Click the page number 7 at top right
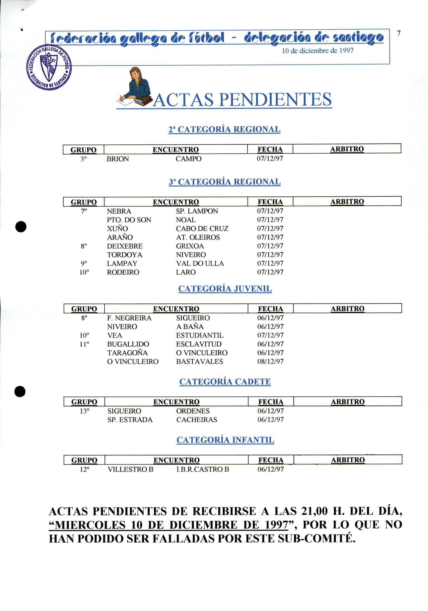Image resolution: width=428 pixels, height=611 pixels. pyautogui.click(x=399, y=34)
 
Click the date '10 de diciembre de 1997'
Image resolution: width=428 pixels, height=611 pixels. pyautogui.click(x=318, y=50)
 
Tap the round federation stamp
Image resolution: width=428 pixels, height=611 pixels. pyautogui.click(x=49, y=67)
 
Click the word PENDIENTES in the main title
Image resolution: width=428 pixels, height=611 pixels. pyautogui.click(x=276, y=99)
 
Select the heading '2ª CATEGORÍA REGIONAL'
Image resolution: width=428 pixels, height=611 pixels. pyautogui.click(x=224, y=129)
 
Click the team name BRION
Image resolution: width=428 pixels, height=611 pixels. pyautogui.click(x=118, y=159)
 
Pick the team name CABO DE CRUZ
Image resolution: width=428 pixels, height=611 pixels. pyautogui.click(x=202, y=228)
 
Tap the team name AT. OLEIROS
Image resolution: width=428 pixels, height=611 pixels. pyautogui.click(x=198, y=237)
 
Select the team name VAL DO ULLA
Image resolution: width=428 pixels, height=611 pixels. pyautogui.click(x=200, y=263)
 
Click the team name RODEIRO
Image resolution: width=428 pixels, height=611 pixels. pyautogui.click(x=123, y=272)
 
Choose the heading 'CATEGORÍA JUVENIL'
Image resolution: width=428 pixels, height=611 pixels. pyautogui.click(x=225, y=289)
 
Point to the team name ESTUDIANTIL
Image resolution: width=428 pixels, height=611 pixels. pyautogui.click(x=200, y=335)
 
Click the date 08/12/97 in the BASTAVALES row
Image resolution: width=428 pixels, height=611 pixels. pyautogui.click(x=270, y=361)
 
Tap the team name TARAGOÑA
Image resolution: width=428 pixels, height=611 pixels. pyautogui.click(x=127, y=353)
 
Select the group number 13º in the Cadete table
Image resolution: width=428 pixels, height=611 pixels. pyautogui.click(x=84, y=411)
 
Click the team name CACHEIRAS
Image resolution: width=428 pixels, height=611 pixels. pyautogui.click(x=197, y=420)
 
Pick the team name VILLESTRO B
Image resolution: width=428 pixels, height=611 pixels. pyautogui.click(x=130, y=469)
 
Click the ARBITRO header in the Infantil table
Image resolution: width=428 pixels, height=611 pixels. pyautogui.click(x=348, y=460)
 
